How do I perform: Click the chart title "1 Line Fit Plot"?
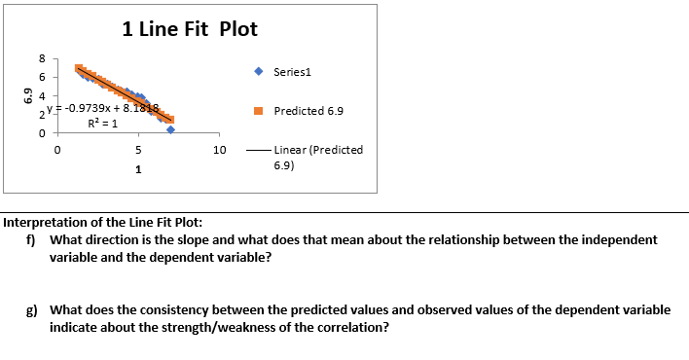[190, 29]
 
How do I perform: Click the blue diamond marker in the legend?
[258, 71]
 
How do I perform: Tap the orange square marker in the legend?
[258, 111]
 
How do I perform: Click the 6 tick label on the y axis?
[41, 77]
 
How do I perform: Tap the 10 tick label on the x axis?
[219, 151]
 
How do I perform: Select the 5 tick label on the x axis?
[138, 151]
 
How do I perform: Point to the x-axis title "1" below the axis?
[138, 170]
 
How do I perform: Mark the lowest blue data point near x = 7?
[170, 129]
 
